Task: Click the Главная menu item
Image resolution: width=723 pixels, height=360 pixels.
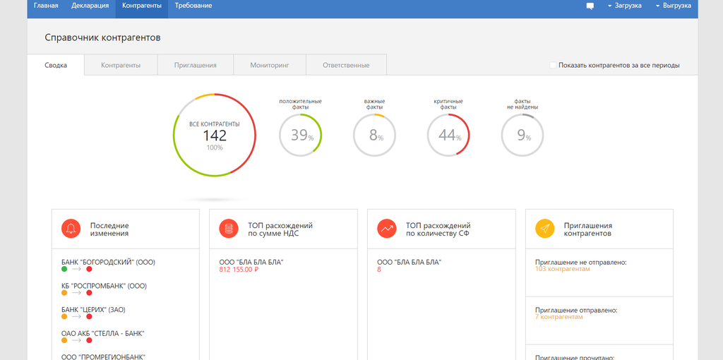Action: click(x=46, y=6)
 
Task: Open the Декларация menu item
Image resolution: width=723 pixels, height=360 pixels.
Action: click(x=90, y=6)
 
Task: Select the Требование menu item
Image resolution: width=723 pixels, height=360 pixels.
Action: click(x=193, y=6)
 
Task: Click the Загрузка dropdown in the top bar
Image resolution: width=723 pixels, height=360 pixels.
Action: click(x=624, y=6)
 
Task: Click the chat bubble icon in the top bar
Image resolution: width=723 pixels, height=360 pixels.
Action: click(x=590, y=6)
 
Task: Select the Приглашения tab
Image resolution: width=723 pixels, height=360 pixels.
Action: click(x=196, y=65)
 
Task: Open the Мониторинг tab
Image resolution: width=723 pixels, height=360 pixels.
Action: click(x=270, y=65)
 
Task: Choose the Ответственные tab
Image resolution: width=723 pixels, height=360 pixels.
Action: click(x=346, y=65)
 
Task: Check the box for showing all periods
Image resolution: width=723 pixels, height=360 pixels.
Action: click(x=553, y=65)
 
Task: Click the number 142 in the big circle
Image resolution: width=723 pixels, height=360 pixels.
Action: click(x=215, y=136)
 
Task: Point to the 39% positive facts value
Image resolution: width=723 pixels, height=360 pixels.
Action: click(x=301, y=136)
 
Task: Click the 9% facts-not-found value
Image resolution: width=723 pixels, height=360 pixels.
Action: click(x=522, y=136)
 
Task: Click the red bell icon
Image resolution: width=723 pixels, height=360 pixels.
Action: click(x=70, y=228)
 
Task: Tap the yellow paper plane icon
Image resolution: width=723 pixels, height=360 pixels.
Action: click(x=544, y=228)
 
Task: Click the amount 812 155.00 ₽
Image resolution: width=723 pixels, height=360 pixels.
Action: click(x=239, y=270)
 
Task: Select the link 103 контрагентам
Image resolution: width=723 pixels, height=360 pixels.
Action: click(x=562, y=270)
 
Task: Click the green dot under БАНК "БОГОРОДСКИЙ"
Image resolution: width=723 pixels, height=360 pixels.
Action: click(x=64, y=270)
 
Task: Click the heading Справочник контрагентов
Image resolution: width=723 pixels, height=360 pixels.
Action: click(x=102, y=37)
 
